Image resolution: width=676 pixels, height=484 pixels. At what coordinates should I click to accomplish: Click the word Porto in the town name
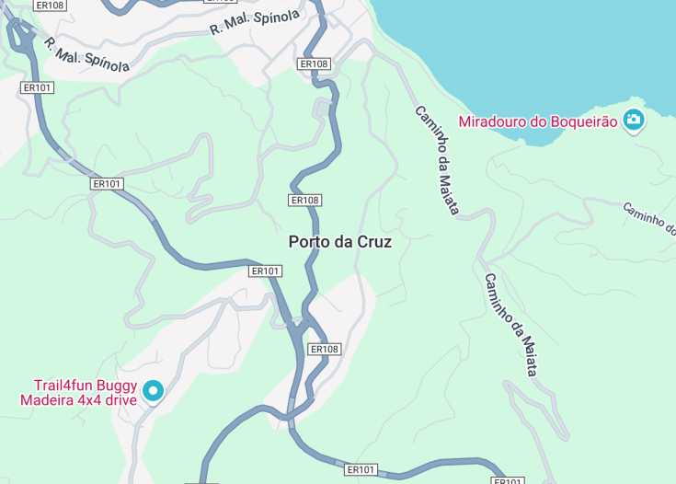point(308,242)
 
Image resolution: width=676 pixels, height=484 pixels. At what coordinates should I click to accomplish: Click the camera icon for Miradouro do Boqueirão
point(633,120)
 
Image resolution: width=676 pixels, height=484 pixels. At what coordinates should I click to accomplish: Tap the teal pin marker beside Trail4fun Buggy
point(153,392)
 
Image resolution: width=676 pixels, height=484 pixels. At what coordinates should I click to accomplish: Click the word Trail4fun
point(64,386)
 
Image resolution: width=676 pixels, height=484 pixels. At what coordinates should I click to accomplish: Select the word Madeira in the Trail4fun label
point(46,399)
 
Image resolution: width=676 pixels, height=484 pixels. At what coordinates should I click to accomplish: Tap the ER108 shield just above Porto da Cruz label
point(304,200)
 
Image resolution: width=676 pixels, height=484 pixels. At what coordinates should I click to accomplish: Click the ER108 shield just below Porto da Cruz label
point(325,349)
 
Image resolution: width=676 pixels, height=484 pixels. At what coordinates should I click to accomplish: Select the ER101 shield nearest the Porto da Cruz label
point(265,271)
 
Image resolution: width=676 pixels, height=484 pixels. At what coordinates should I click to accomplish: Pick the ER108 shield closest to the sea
point(315,63)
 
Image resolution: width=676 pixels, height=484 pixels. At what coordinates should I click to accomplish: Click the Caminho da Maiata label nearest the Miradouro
point(436,160)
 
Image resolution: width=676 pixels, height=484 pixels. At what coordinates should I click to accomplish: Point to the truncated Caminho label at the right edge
point(649,219)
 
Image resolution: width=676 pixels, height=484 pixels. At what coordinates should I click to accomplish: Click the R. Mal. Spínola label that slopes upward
point(255,23)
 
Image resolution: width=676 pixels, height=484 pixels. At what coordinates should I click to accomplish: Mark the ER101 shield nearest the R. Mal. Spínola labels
point(38,87)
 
